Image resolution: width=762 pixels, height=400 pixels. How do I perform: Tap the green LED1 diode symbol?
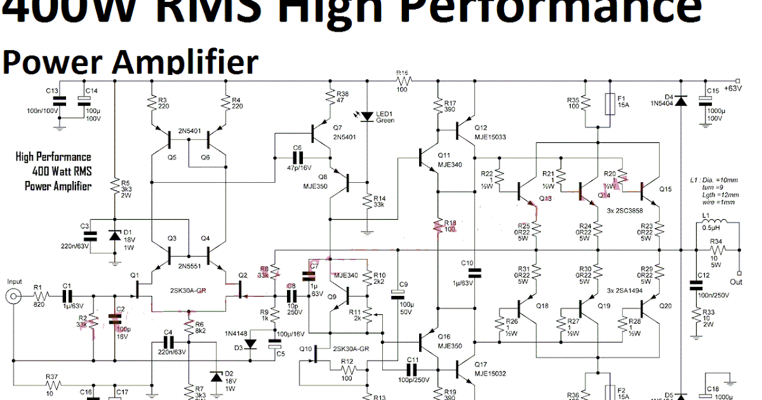pos(366,116)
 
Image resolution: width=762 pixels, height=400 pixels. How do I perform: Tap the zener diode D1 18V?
pos(114,236)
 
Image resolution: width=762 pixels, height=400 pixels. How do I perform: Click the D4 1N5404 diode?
pos(681,101)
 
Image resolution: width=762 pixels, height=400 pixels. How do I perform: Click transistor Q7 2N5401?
pos(318,133)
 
